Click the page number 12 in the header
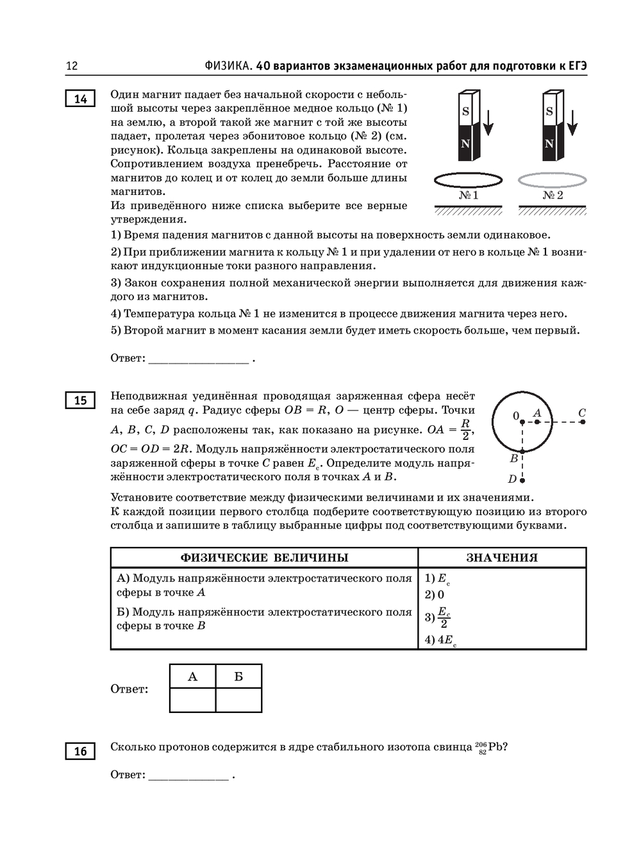[x=72, y=65]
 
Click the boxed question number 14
[x=80, y=99]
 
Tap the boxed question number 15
[x=80, y=400]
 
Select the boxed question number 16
[x=80, y=751]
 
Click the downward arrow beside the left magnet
[x=488, y=122]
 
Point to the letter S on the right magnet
[x=549, y=111]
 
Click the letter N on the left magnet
[x=466, y=144]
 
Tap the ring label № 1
[x=469, y=195]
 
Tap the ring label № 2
[x=553, y=195]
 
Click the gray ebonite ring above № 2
[x=552, y=180]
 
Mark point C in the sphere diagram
[x=582, y=421]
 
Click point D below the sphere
[x=522, y=480]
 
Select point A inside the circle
[x=537, y=421]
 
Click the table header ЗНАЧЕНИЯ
[x=502, y=558]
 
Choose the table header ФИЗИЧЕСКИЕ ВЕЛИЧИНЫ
[x=264, y=558]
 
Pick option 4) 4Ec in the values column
[x=440, y=640]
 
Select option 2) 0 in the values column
[x=435, y=595]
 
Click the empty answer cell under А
[x=192, y=700]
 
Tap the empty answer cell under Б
[x=238, y=700]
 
